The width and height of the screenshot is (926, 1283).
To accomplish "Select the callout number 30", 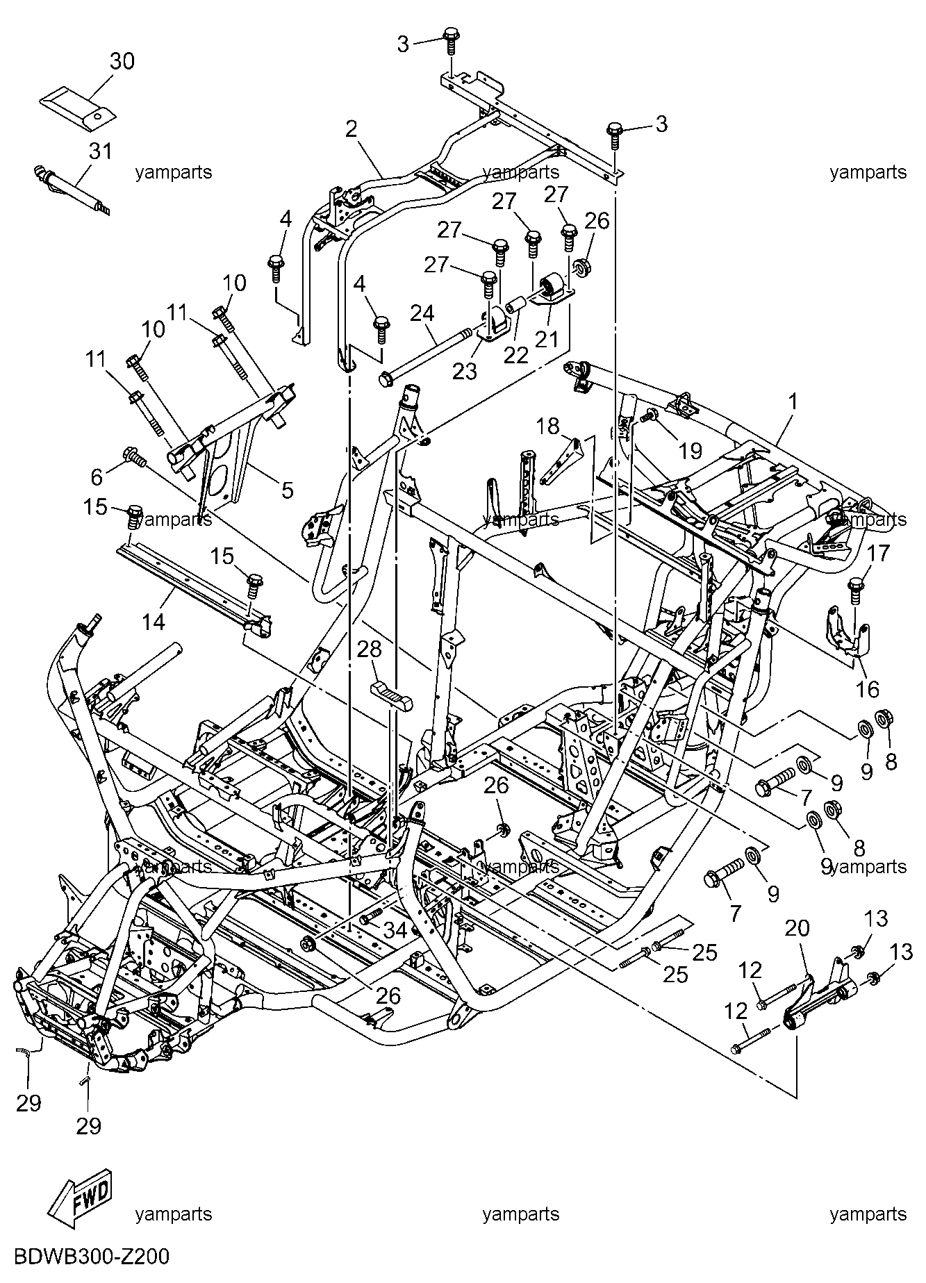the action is (x=122, y=61).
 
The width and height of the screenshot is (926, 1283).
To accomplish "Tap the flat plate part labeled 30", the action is (x=77, y=108).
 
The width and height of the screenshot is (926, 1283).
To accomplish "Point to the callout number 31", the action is (x=101, y=151).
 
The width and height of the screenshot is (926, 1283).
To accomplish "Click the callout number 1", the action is (x=792, y=402).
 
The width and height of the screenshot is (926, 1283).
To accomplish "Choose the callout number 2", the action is (x=352, y=129).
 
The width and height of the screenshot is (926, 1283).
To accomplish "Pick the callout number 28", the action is (x=370, y=649).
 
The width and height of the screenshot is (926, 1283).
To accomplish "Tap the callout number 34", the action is (x=395, y=929).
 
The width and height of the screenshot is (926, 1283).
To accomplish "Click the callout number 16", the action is (x=868, y=689).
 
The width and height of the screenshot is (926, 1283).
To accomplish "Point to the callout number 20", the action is (x=798, y=929).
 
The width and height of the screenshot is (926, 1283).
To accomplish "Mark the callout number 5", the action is (x=287, y=490).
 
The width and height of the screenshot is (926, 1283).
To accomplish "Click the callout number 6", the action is (x=97, y=477).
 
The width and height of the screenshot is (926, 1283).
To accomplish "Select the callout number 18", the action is (x=547, y=426).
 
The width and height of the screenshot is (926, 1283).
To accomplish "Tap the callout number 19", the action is (x=690, y=451).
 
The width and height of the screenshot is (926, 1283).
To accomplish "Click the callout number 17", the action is (x=879, y=554).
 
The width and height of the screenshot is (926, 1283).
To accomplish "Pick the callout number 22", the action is (x=515, y=354).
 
